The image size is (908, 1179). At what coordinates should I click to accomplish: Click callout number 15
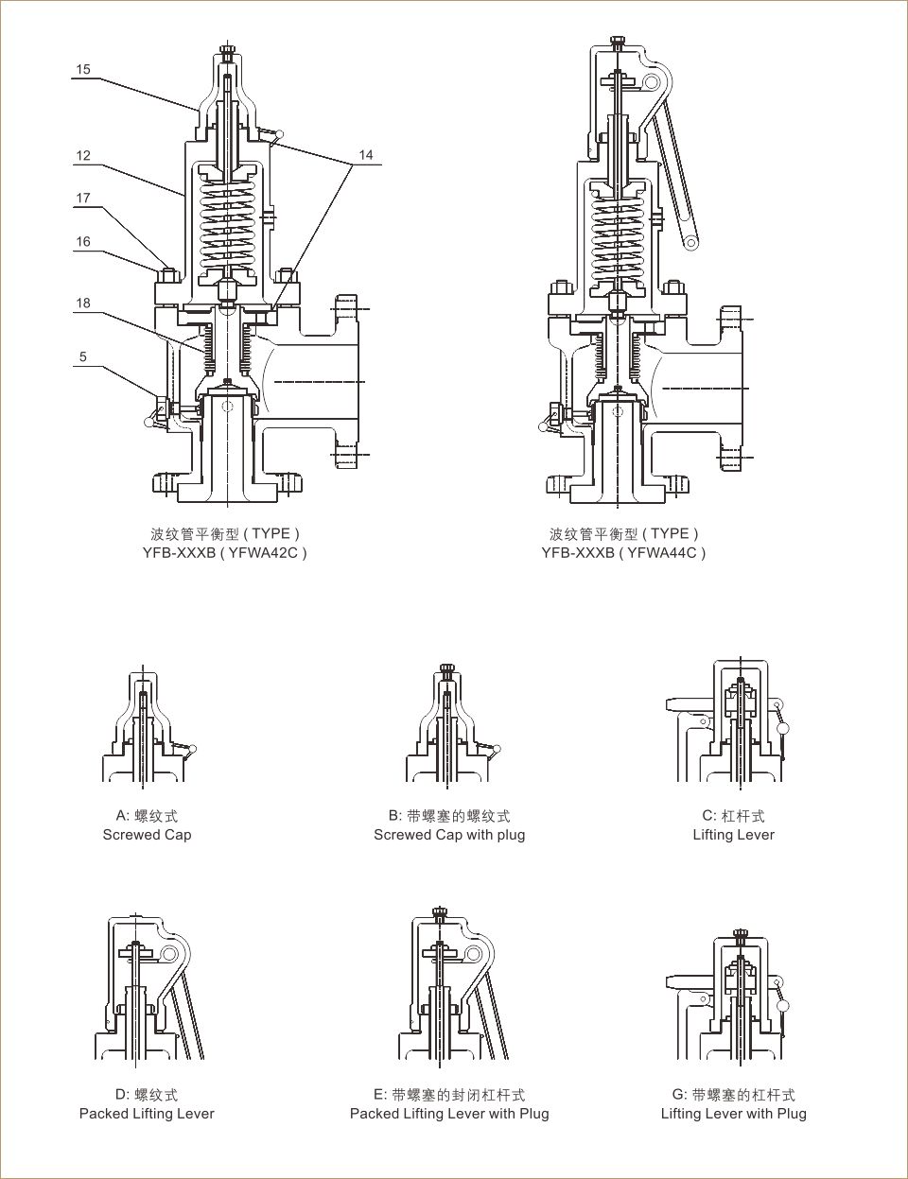(83, 69)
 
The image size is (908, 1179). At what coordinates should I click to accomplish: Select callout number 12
(83, 155)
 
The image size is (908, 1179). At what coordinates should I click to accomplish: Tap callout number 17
(83, 198)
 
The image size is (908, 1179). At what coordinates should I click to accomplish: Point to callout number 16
(83, 241)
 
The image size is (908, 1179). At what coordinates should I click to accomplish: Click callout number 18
(83, 303)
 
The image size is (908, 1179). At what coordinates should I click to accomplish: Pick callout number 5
(83, 356)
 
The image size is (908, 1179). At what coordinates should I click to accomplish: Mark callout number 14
(366, 154)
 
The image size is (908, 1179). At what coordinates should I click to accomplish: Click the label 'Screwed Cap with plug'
(449, 835)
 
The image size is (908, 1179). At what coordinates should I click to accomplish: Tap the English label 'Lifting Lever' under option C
(733, 835)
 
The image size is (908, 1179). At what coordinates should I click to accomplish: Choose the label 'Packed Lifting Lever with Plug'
(449, 1114)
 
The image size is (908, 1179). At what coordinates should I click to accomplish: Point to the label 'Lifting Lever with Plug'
(733, 1114)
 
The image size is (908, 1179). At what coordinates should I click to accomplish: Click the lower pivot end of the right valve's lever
(691, 242)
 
